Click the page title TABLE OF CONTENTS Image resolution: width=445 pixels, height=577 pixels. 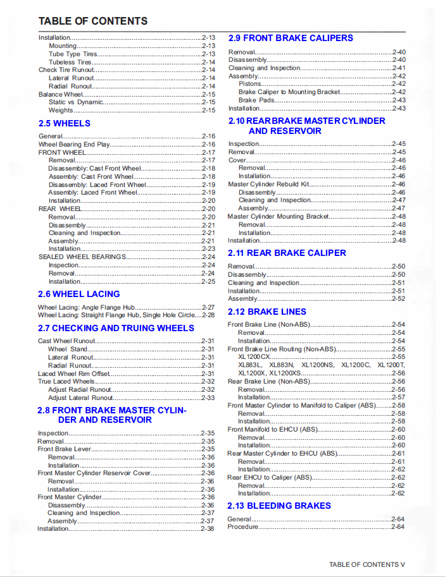[93, 21]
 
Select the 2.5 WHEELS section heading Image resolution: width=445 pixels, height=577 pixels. [64, 123]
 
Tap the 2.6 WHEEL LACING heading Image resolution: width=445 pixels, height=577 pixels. [78, 294]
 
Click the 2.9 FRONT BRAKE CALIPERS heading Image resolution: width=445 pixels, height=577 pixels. [291, 38]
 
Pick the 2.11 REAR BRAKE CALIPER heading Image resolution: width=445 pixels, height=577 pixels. [287, 253]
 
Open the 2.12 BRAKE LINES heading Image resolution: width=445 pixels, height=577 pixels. [266, 312]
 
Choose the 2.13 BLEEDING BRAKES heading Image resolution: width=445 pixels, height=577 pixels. [279, 506]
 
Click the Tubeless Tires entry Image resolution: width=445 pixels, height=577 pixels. [70, 62]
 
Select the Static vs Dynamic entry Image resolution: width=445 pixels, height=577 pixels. [75, 102]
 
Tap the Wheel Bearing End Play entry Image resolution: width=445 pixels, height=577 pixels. [74, 144]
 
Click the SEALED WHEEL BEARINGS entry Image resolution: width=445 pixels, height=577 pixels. [82, 257]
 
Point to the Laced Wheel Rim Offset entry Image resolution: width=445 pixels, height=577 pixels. [74, 374]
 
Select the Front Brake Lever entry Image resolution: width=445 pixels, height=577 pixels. [64, 449]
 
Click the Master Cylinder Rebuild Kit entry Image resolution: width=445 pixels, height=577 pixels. [268, 184]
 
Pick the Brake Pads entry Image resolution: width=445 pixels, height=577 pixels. [256, 100]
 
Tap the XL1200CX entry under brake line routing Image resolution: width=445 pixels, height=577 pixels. [254, 356]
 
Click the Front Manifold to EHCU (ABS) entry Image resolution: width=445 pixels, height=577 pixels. [272, 429]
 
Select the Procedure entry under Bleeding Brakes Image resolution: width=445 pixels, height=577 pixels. [243, 526]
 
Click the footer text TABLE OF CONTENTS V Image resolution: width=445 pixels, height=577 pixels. [367, 564]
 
